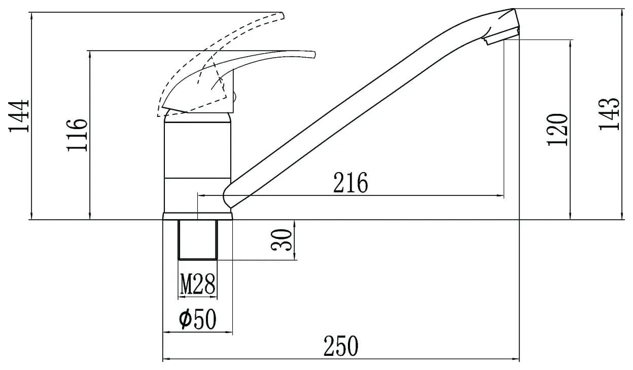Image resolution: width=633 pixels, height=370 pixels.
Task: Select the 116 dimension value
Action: [x=77, y=135]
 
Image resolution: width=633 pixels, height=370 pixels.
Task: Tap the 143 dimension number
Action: [x=609, y=114]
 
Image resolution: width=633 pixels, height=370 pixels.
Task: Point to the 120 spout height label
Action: [x=557, y=130]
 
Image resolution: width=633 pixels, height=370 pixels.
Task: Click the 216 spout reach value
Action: [x=350, y=183]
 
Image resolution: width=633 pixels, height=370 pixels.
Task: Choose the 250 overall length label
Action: [x=341, y=346]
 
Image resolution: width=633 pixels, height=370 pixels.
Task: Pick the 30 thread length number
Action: [x=281, y=240]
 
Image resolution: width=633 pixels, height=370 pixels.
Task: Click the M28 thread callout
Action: [x=197, y=284]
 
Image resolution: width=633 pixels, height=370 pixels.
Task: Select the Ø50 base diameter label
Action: [x=197, y=319]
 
